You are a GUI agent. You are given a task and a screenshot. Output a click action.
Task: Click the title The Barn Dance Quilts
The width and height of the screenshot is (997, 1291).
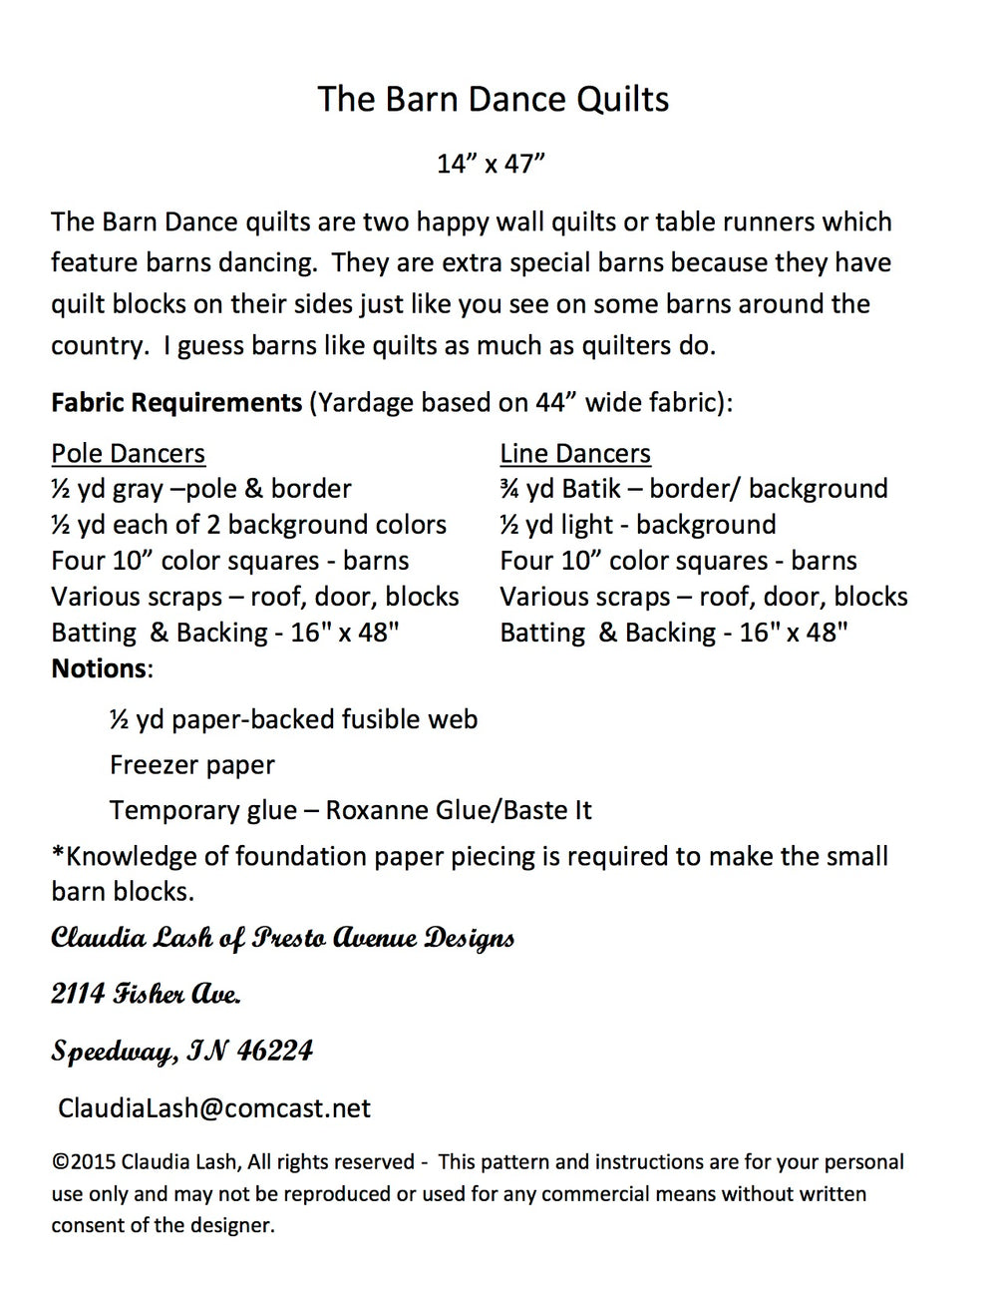[x=493, y=99]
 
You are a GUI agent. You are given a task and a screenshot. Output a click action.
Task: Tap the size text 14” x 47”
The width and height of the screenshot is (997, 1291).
[x=491, y=164]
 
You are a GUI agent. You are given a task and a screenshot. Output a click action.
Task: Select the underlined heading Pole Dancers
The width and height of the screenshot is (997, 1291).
[x=128, y=453]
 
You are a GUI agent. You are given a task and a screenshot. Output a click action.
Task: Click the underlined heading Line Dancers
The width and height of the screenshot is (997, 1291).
[x=574, y=453]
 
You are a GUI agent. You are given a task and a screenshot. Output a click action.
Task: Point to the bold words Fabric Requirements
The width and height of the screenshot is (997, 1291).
[x=176, y=403]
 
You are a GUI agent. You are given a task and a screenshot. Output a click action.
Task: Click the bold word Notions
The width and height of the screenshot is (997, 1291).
[x=99, y=668]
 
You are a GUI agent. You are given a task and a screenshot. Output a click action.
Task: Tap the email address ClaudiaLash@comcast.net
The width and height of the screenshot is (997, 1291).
[x=214, y=1107]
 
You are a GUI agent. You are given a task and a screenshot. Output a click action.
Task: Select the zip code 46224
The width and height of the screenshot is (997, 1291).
[x=275, y=1051]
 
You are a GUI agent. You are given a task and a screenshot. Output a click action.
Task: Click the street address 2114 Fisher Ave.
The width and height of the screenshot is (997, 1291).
[x=146, y=994]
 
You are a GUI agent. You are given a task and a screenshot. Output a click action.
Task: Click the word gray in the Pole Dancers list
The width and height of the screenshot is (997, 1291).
[x=138, y=490]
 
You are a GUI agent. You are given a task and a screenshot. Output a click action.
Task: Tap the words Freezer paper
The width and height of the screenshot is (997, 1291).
[x=191, y=765]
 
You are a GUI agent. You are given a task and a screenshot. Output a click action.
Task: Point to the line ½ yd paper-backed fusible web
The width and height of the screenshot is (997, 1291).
[x=293, y=719]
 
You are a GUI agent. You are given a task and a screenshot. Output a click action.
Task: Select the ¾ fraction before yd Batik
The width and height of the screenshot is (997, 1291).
[x=509, y=489]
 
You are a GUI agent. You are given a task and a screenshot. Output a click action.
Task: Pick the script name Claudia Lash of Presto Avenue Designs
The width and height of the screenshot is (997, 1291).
[x=283, y=938]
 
